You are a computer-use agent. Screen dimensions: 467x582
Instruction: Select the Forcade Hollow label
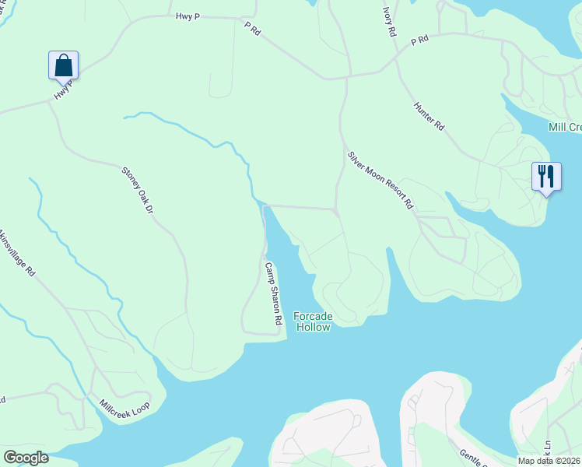point(312,321)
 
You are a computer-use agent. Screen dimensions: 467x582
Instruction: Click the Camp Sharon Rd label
point(272,293)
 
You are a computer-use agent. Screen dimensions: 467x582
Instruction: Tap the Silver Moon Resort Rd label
point(380,180)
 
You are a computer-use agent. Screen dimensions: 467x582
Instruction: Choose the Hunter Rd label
point(429,115)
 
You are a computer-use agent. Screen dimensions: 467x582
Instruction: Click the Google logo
point(26,458)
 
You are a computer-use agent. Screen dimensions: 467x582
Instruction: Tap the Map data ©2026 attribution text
point(549,460)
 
